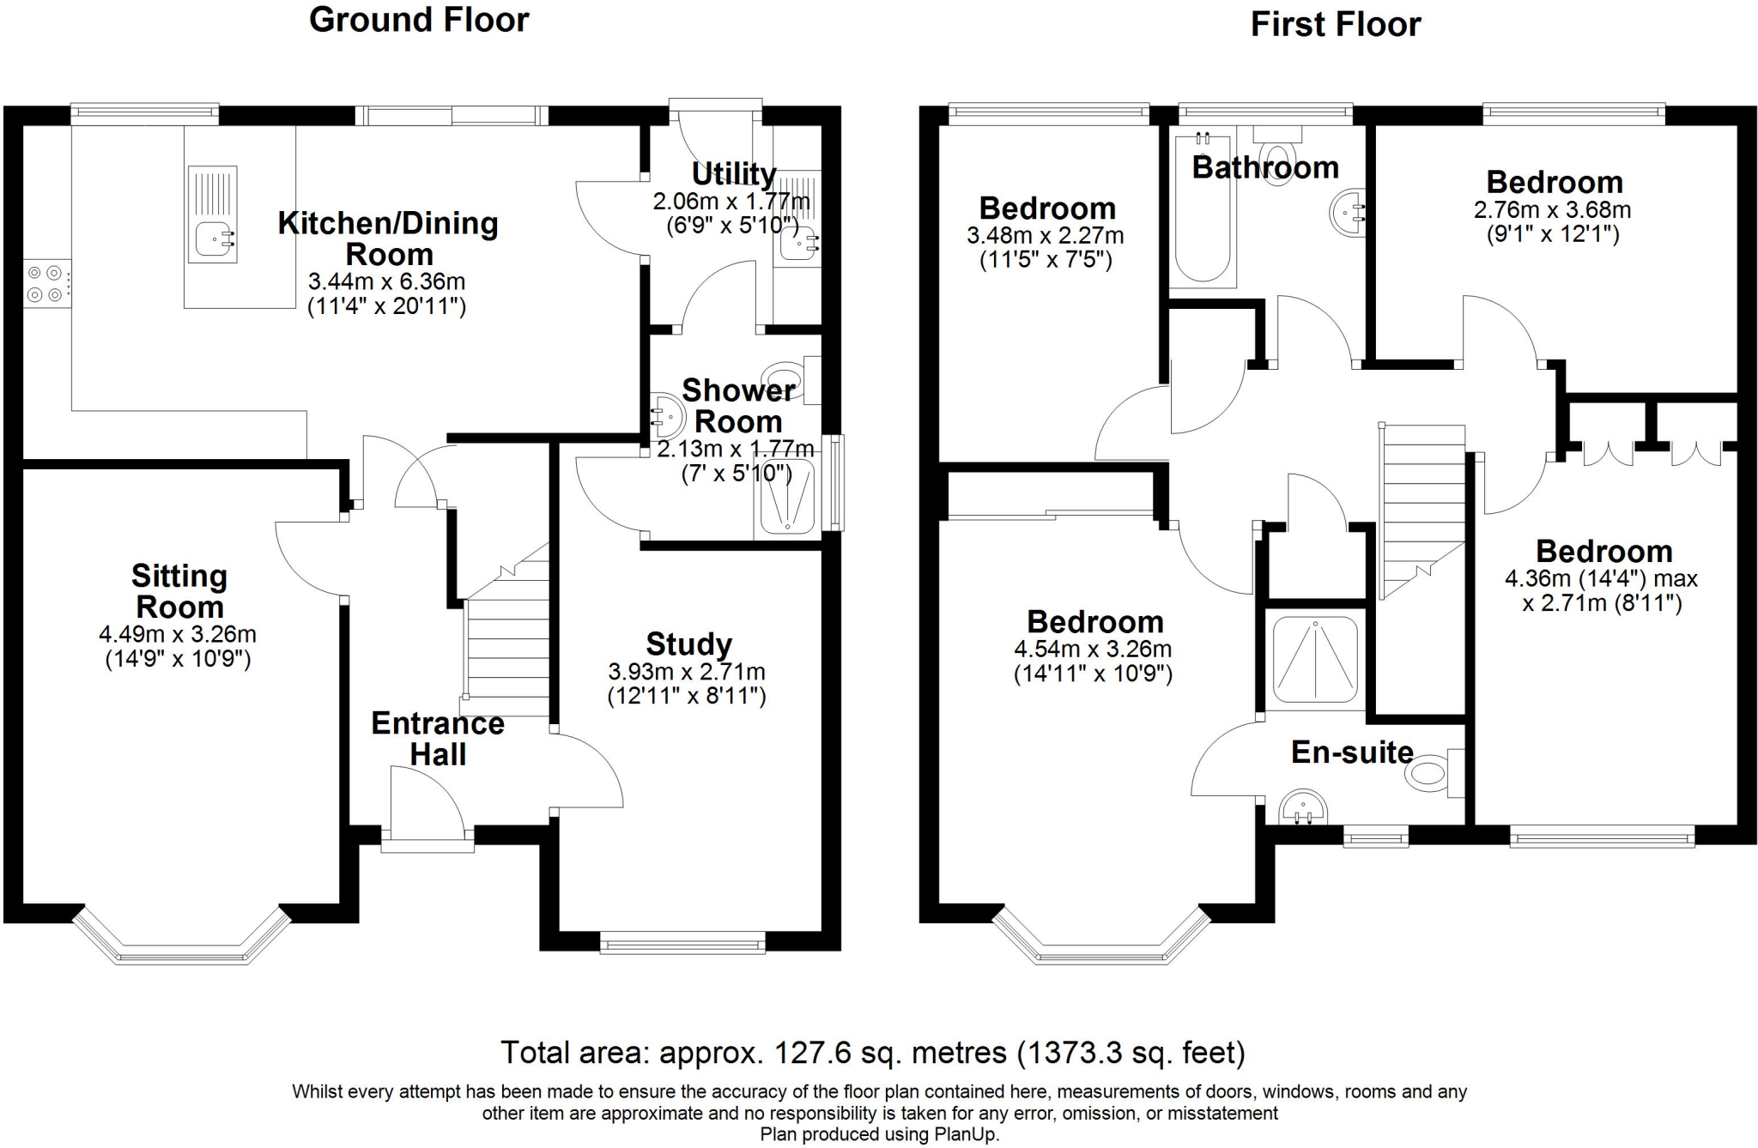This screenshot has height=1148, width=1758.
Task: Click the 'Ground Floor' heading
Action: coord(419,20)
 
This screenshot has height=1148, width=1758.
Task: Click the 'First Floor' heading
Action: coord(1336,24)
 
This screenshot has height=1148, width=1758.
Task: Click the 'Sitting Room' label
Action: coord(179,591)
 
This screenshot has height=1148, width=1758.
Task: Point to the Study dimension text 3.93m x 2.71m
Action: coord(687,672)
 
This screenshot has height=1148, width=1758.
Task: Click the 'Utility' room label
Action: coord(734,173)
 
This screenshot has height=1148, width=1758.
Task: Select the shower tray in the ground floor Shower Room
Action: coord(787,496)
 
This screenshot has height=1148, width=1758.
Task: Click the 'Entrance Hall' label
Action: coord(438,739)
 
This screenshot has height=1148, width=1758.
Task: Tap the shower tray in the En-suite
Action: coord(1315,660)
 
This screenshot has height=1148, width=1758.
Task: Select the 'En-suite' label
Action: coord(1353,752)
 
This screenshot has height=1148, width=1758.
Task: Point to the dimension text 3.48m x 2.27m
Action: coord(1046,235)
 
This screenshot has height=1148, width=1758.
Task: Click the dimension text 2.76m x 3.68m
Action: coord(1553,209)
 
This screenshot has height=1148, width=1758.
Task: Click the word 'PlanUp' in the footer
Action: coord(967,1134)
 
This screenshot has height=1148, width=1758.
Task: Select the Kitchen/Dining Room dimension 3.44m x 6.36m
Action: coord(387,281)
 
